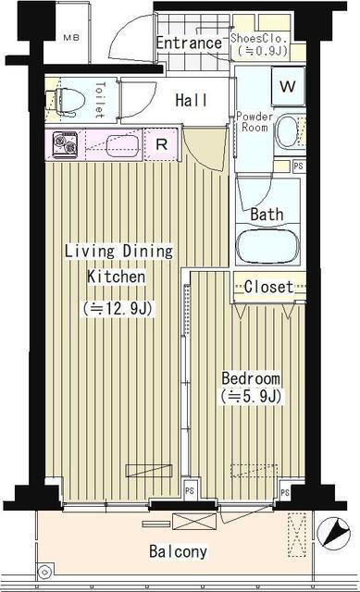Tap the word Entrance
point(188,43)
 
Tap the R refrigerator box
point(161,144)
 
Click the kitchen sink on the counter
point(121,145)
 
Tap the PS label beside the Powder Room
point(297,166)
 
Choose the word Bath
point(267,215)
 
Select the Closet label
point(268,287)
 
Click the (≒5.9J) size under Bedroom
point(250,397)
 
